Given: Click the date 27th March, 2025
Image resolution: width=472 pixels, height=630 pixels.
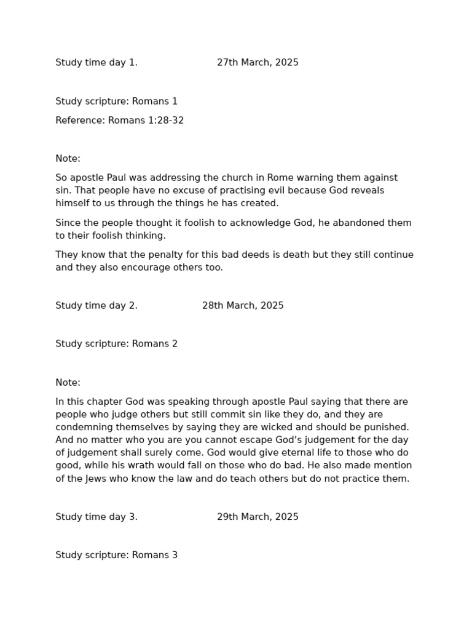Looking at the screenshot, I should (x=258, y=63).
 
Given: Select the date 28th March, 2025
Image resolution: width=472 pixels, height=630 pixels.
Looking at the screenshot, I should (x=243, y=306).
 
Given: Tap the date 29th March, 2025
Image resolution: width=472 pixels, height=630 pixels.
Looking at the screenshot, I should (x=258, y=517).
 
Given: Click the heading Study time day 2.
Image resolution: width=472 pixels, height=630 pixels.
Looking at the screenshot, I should (x=96, y=306).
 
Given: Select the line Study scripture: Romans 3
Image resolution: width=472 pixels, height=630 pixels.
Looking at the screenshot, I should (x=116, y=555).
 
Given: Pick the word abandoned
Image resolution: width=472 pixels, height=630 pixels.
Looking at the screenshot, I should (x=351, y=223).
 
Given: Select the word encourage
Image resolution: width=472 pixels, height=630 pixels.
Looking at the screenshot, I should (x=152, y=268).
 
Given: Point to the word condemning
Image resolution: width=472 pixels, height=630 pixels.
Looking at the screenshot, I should (x=84, y=427).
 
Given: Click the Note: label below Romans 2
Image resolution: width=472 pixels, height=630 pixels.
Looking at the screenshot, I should (x=68, y=383).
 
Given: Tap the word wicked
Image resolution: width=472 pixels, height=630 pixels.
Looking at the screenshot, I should (x=280, y=427).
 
